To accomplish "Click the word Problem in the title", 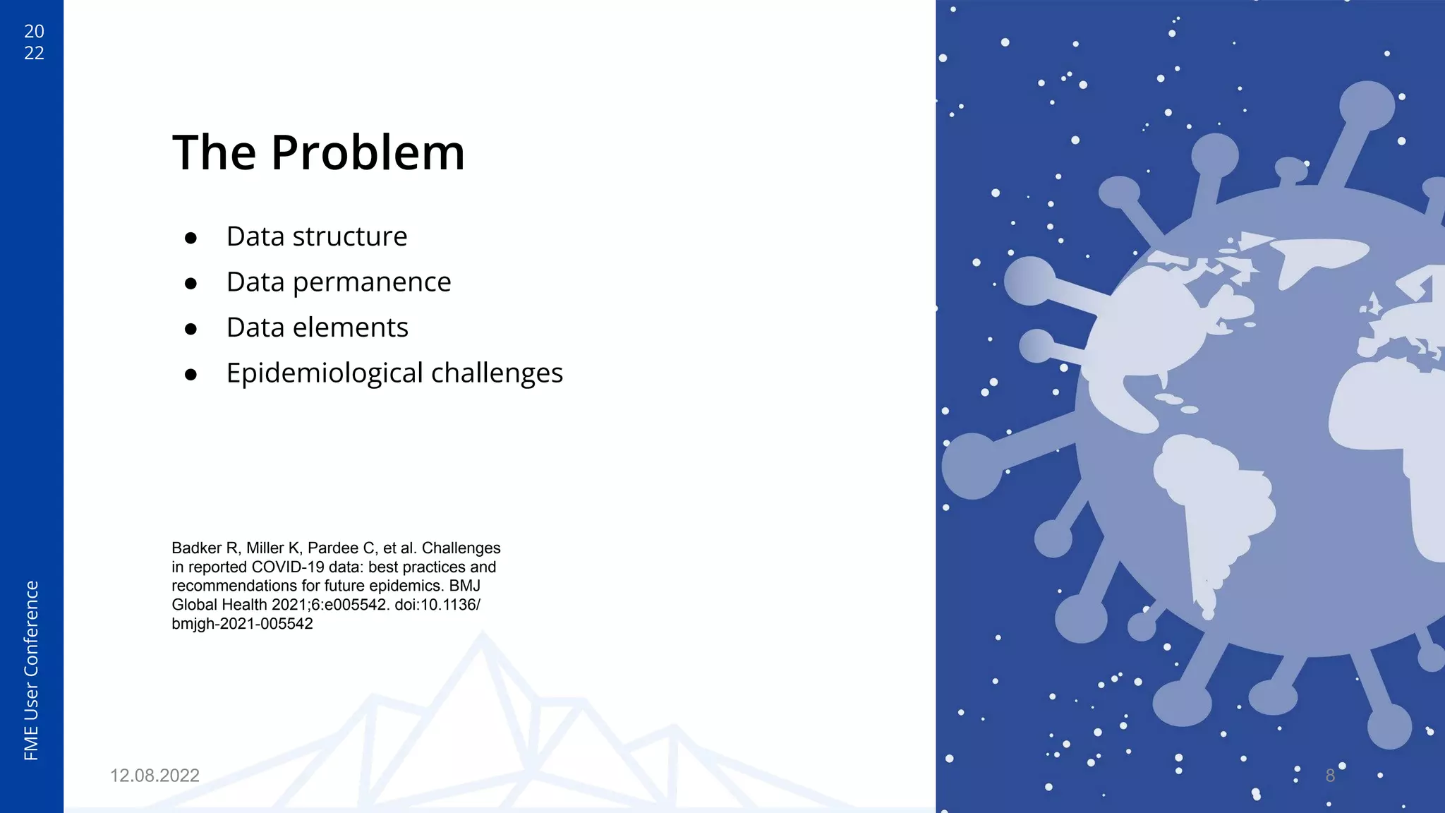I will pos(368,153).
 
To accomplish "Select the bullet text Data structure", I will pos(316,236).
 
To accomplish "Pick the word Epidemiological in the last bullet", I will pos(324,373).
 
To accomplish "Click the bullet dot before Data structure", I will pos(191,239).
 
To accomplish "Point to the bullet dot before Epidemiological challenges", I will pos(191,375).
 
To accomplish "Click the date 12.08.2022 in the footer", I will pos(155,776).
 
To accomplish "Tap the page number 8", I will pos(1330,776).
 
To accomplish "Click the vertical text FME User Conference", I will pos(32,670).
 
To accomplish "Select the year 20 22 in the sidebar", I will pos(34,42).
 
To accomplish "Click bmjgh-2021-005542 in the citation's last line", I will pos(242,624).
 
